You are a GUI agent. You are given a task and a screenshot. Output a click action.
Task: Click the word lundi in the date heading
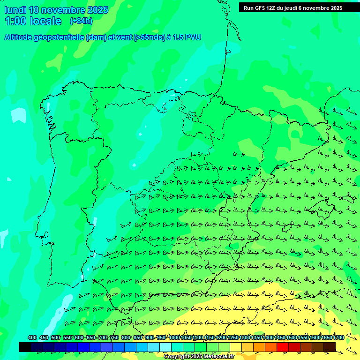point(15,10)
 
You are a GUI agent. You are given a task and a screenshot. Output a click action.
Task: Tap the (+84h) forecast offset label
point(81,21)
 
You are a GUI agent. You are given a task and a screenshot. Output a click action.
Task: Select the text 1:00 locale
point(33,21)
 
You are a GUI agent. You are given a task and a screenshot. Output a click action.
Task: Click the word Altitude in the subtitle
point(19,37)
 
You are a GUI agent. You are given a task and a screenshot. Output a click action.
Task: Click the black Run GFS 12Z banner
point(293,7)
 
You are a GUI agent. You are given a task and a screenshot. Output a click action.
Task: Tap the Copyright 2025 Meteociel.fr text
point(199,356)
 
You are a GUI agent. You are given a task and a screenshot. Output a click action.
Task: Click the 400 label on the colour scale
point(32,337)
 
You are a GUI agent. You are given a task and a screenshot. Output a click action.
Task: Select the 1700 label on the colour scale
point(338,337)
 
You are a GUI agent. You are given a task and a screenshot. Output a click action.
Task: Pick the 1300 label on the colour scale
point(245,337)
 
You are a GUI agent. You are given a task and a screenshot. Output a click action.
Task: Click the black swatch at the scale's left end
point(25,347)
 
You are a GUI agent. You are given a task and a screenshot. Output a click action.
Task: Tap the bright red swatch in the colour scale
point(283,347)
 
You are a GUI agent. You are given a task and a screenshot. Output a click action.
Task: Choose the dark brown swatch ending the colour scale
point(330,347)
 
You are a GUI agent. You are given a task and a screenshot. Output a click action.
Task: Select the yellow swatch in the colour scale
point(236,347)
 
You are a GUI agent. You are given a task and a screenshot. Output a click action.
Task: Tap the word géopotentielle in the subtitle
point(60,37)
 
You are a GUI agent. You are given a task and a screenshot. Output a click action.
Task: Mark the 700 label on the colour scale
point(103,337)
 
